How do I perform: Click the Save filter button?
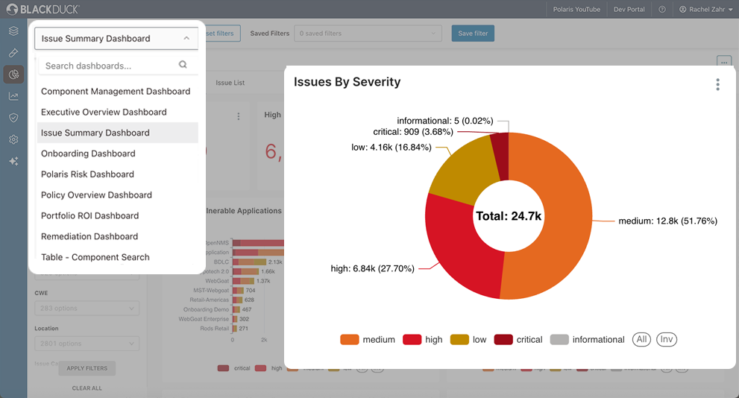tap(473, 34)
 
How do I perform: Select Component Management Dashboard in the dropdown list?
tap(116, 91)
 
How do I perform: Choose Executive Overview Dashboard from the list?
tap(104, 112)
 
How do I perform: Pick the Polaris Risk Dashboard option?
tap(87, 174)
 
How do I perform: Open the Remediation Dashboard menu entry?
tap(89, 236)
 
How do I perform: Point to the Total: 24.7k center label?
tap(509, 216)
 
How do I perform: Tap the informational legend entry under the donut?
tap(588, 340)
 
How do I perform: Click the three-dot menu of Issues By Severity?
tap(717, 84)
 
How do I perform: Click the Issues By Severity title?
tap(347, 82)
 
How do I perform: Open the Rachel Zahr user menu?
tap(705, 10)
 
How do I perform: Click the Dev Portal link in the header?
tap(629, 10)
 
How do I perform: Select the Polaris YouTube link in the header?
tap(576, 10)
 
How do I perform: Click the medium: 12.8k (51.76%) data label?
tap(667, 221)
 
